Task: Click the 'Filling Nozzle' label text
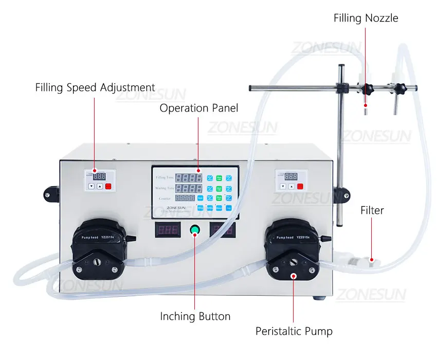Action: [366, 18]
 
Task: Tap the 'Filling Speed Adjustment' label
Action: [95, 87]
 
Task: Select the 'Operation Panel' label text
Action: [198, 108]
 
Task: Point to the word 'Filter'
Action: [372, 210]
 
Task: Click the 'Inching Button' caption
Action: [195, 316]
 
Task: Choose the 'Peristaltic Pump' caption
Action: [294, 331]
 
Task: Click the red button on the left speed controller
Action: [108, 187]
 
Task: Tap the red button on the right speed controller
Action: [300, 186]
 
